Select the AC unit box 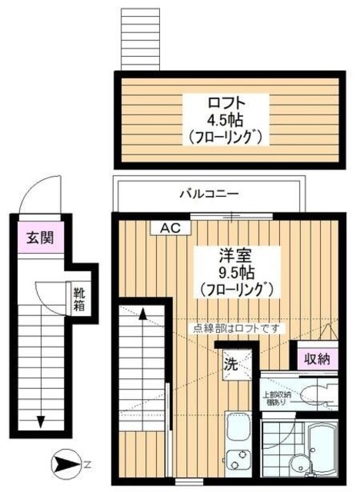[x=171, y=228]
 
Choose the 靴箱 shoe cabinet [x=79, y=298]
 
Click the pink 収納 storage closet [x=316, y=358]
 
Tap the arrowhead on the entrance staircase [x=39, y=421]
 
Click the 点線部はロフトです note [x=238, y=328]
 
